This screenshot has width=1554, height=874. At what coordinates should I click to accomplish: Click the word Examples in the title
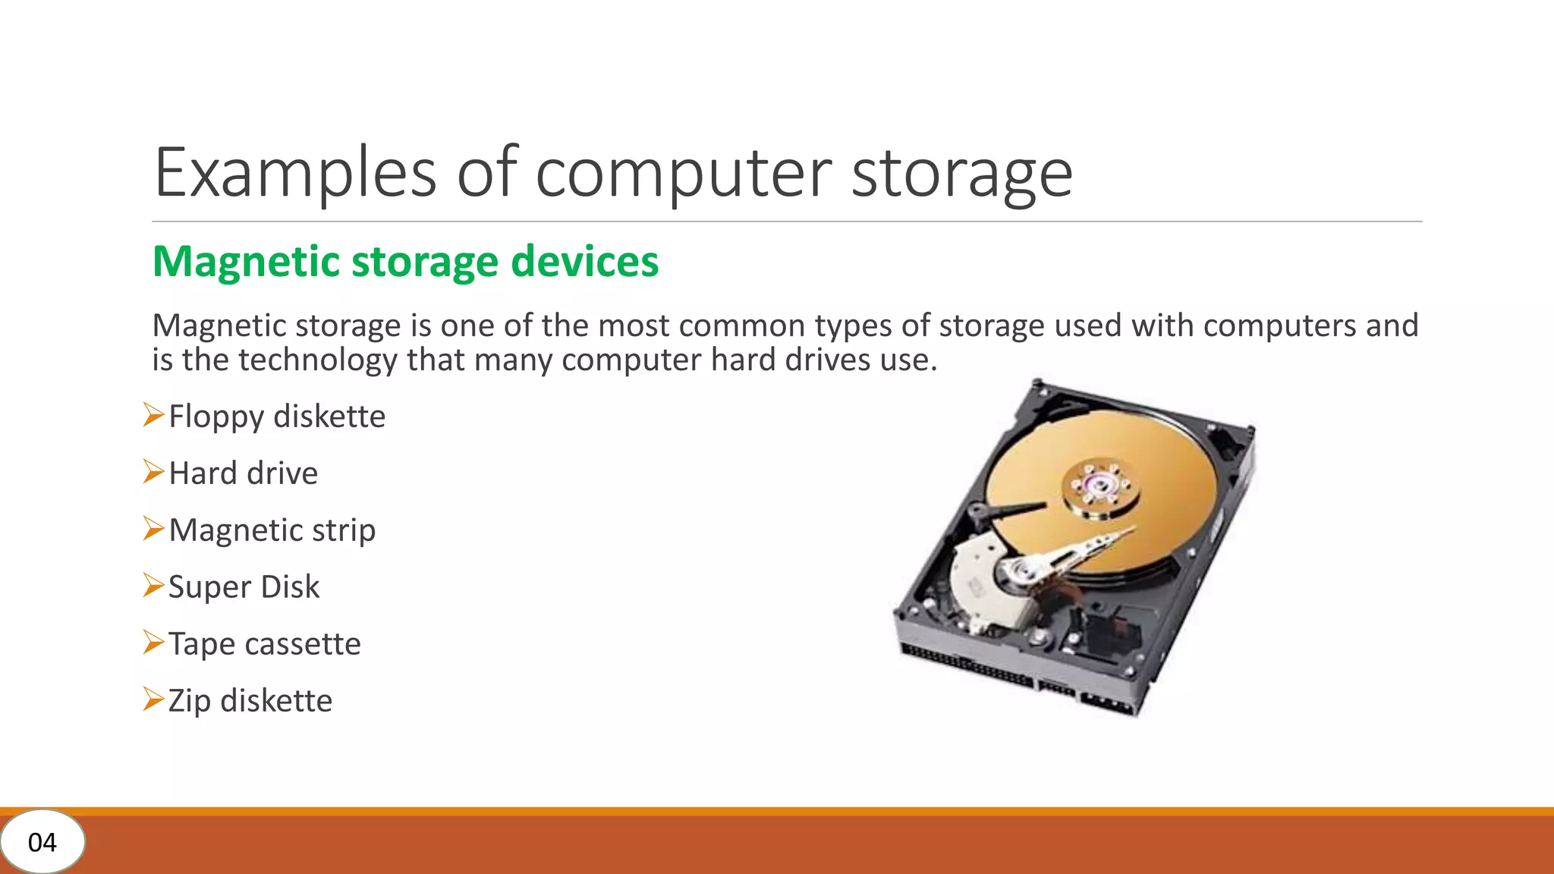pyautogui.click(x=295, y=173)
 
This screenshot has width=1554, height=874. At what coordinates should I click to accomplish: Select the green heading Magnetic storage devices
pyautogui.click(x=405, y=262)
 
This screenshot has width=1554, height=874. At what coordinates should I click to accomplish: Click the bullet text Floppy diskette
pyautogui.click(x=277, y=417)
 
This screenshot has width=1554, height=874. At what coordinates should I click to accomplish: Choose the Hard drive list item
pyautogui.click(x=243, y=473)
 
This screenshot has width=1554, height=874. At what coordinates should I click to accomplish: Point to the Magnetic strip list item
pyautogui.click(x=272, y=530)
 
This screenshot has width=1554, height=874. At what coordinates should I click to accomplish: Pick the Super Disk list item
pyautogui.click(x=244, y=587)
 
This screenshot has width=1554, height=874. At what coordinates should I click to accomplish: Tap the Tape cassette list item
pyautogui.click(x=264, y=644)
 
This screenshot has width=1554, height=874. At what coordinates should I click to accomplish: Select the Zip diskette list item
pyautogui.click(x=250, y=701)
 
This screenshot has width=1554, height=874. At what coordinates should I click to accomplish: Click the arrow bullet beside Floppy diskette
pyautogui.click(x=153, y=415)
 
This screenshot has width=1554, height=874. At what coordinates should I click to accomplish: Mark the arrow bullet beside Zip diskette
pyautogui.click(x=153, y=699)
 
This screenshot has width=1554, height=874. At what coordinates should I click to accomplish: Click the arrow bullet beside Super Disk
pyautogui.click(x=153, y=586)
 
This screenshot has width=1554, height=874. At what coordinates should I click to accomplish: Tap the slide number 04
pyautogui.click(x=42, y=842)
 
